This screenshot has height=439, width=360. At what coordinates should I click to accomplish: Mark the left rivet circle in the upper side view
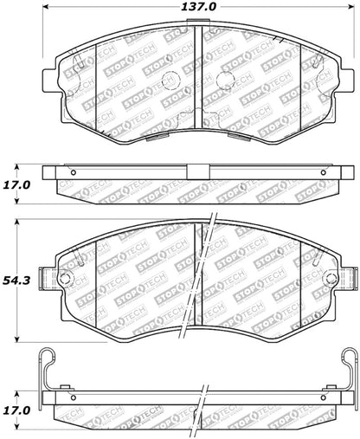(x=74, y=171)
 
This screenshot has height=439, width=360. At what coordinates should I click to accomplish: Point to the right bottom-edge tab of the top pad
(x=245, y=134)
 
